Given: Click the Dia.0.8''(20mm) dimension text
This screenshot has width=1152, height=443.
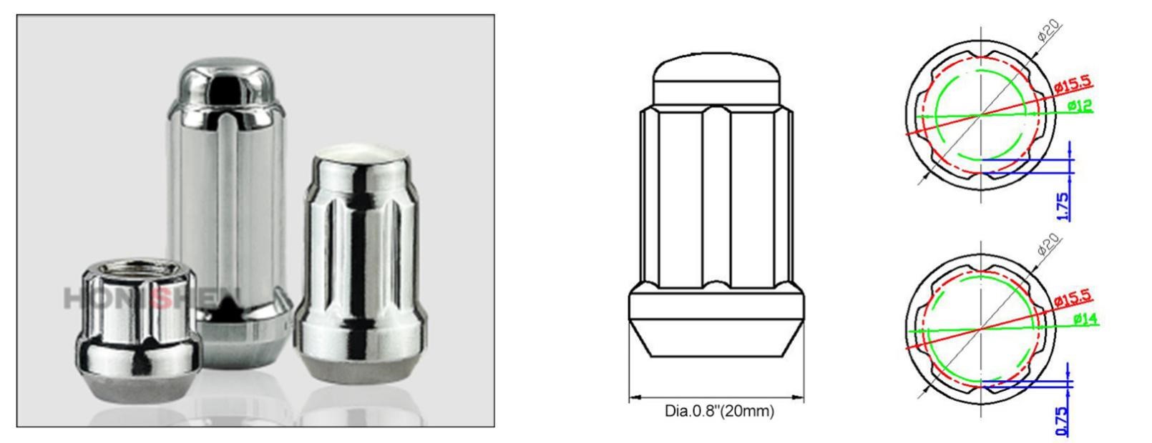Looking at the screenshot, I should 719,412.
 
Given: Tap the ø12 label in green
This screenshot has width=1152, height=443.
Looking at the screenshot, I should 1079,106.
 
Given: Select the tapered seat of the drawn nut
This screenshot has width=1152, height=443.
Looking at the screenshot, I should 716,339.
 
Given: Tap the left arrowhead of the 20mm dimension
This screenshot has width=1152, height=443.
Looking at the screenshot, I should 633,397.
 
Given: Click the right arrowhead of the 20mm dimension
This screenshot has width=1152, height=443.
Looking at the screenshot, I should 801,397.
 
